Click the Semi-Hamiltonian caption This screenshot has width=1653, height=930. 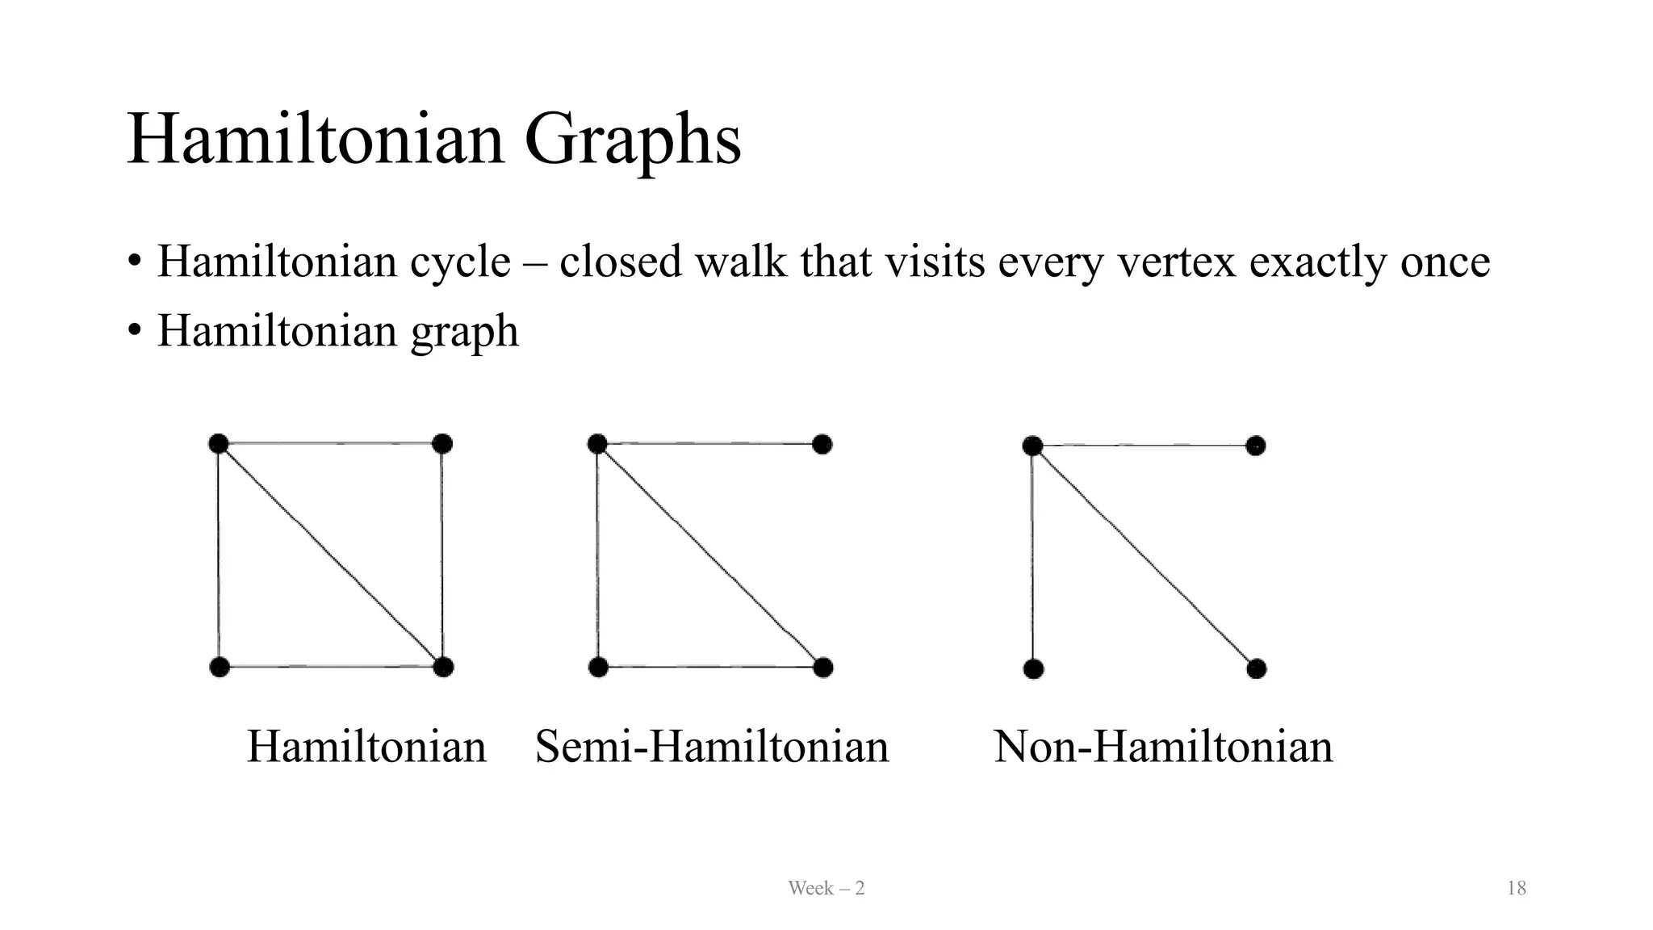coord(712,746)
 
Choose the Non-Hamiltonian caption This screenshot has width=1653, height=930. coord(1163,746)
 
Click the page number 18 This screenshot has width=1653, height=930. coord(1516,889)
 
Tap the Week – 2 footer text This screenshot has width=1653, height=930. coord(826,889)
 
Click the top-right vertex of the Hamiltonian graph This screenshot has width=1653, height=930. coord(442,444)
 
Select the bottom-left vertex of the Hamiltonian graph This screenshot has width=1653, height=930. coord(220,667)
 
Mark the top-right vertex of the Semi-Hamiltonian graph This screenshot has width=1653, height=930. coord(822,444)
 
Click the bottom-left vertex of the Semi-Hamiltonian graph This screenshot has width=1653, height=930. coord(598,668)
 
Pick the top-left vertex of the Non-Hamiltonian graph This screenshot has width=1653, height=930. coord(1032,446)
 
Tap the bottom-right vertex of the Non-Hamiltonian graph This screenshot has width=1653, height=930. coord(1256,668)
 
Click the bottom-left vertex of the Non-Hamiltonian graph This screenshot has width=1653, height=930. coord(1033,669)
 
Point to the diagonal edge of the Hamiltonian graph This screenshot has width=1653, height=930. coord(331,555)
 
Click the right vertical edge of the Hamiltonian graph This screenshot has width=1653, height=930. coord(442,555)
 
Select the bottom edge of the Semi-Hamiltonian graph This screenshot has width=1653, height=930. coord(710,668)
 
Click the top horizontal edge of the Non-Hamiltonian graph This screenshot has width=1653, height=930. coord(1145,446)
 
